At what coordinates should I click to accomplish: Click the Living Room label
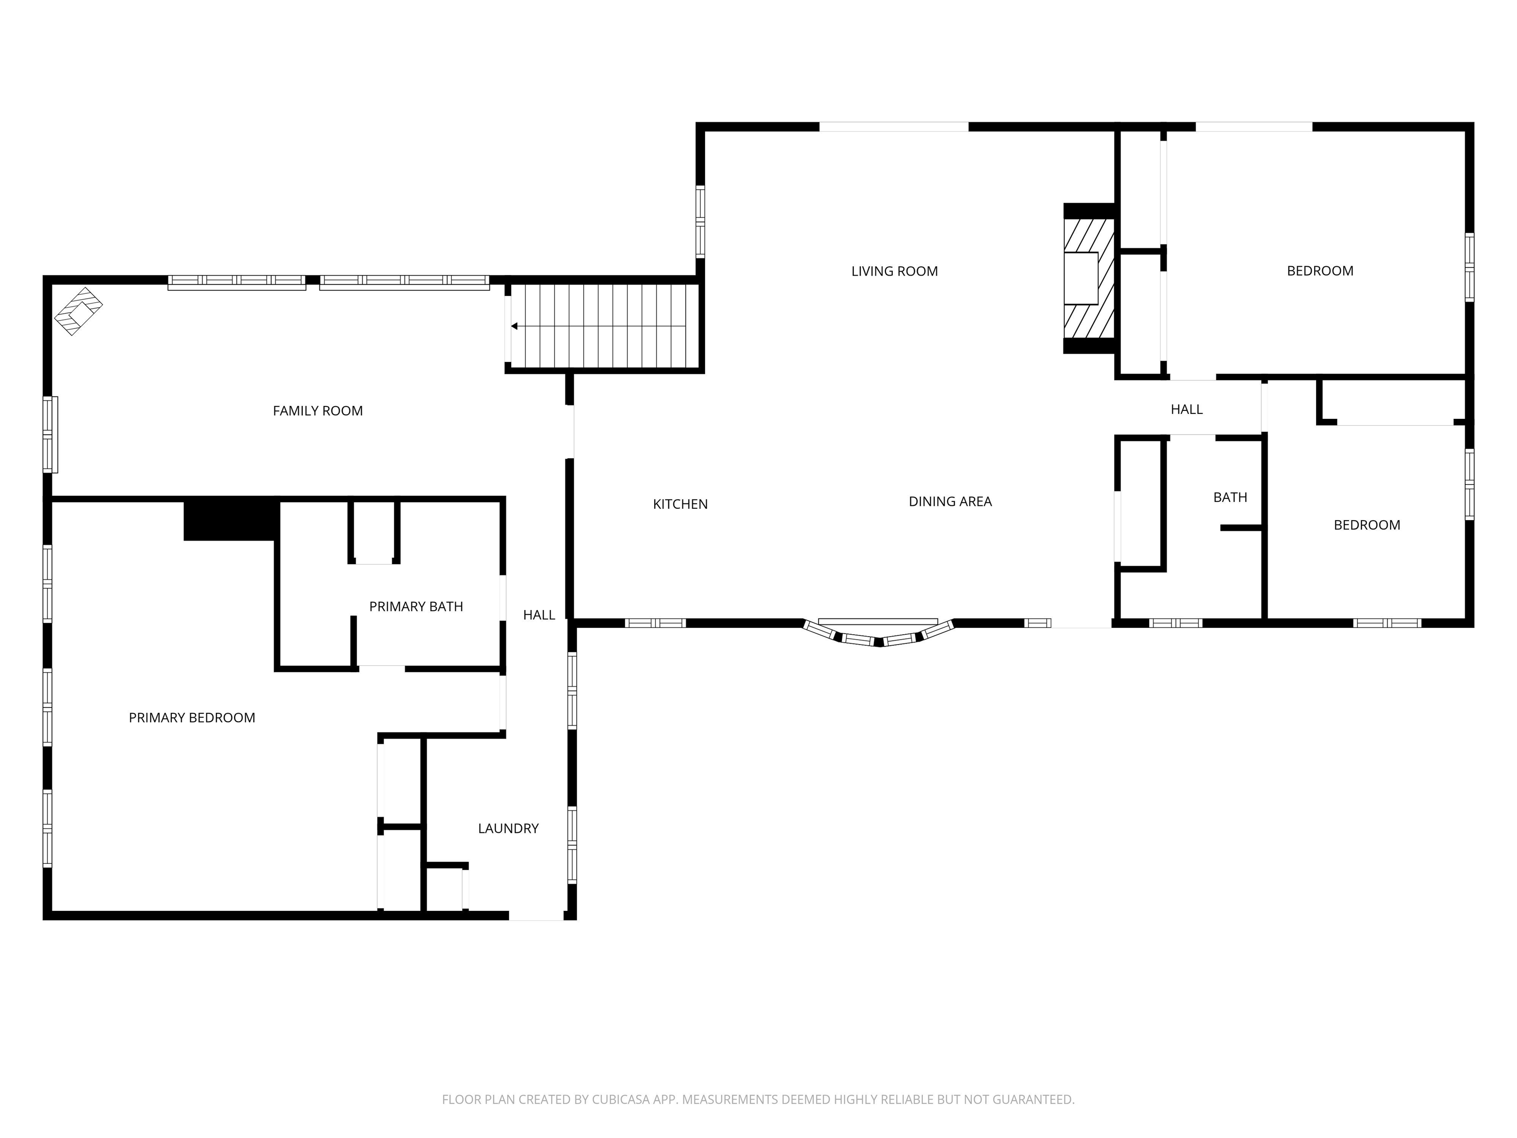(x=894, y=271)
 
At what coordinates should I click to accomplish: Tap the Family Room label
(x=318, y=411)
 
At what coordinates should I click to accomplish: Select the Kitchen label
(x=680, y=504)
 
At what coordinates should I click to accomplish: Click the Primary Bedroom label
(x=192, y=718)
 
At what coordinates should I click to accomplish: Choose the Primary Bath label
(x=416, y=607)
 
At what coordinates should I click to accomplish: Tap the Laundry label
(x=508, y=829)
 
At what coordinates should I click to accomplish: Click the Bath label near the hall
(x=1230, y=497)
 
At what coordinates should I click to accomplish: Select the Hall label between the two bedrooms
(x=1187, y=409)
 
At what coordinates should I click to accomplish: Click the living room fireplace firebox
(x=1081, y=278)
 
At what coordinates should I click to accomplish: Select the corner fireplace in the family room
(x=78, y=311)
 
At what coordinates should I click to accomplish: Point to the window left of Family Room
(x=50, y=434)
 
